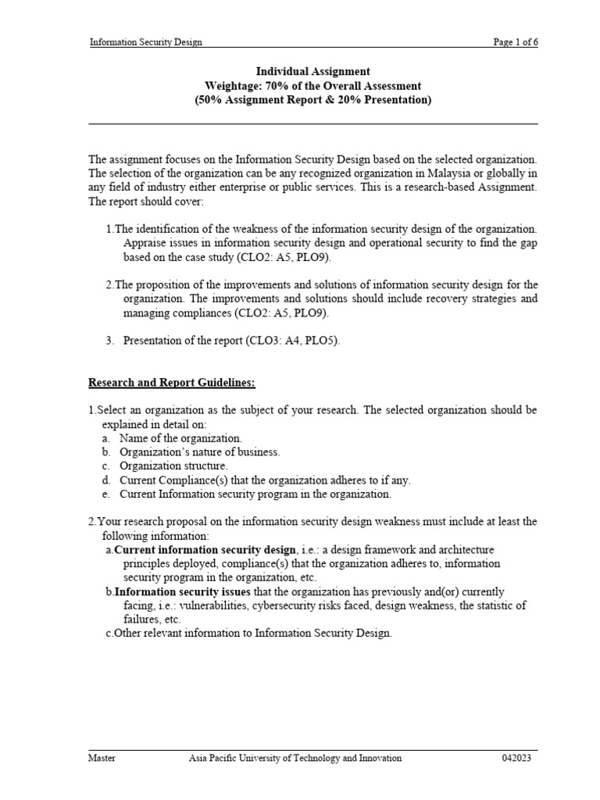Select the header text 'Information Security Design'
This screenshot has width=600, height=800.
[x=146, y=42]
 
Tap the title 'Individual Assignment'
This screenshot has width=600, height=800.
[x=312, y=71]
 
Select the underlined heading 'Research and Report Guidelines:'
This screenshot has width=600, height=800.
[x=172, y=383]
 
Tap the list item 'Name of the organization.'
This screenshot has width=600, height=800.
[x=180, y=438]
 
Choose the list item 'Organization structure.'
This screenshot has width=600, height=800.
[x=173, y=466]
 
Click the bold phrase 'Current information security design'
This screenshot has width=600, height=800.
[x=205, y=549]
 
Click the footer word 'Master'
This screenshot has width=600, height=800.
[x=102, y=758]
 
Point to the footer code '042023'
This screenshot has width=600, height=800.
[x=520, y=758]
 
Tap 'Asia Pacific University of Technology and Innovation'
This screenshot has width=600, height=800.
[x=295, y=758]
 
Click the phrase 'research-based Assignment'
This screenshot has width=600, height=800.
[x=477, y=187]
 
